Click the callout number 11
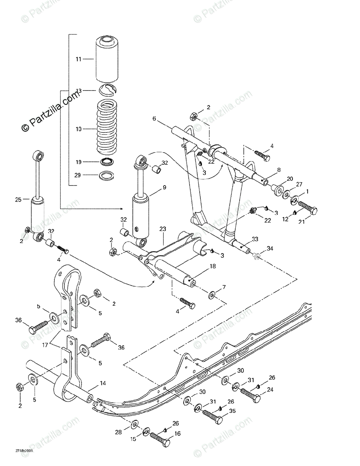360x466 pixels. coord(78,59)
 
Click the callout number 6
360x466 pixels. coord(154,119)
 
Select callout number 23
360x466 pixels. coord(162,230)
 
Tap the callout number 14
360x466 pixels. coord(103,383)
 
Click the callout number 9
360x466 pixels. coord(164,187)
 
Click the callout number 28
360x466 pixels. coord(118,432)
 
